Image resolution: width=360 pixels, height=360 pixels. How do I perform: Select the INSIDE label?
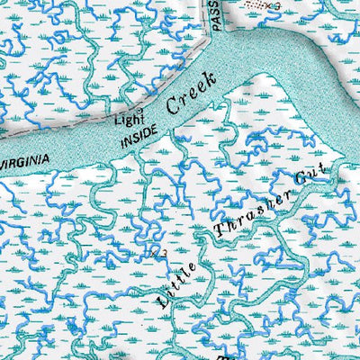coord(142,135)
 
